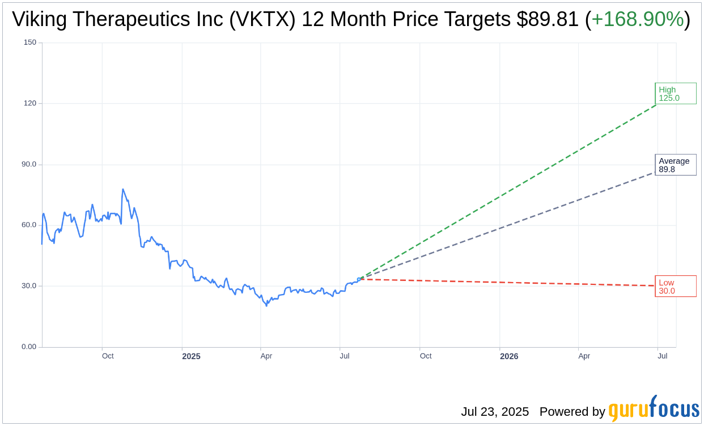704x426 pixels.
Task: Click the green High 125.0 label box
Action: click(x=675, y=93)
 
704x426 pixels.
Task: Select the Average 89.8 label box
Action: click(x=675, y=165)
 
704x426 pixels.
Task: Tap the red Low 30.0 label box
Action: click(x=675, y=286)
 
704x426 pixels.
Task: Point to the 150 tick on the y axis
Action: click(x=30, y=42)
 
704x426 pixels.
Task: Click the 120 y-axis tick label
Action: click(x=30, y=103)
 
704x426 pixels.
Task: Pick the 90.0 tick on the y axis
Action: click(x=28, y=164)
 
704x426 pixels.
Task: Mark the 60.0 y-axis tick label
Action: click(x=28, y=225)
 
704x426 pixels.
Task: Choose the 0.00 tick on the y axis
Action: click(x=28, y=347)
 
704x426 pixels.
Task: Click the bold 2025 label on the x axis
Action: click(x=191, y=356)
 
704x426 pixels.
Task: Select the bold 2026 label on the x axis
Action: click(x=508, y=356)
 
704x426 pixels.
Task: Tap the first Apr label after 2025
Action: click(x=266, y=356)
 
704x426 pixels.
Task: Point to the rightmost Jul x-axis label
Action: click(x=662, y=356)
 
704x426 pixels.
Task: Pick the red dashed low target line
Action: click(x=510, y=283)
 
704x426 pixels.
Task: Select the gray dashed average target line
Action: click(x=510, y=224)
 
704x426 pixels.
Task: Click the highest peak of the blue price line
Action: click(x=122, y=189)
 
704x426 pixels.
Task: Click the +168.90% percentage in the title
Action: click(x=637, y=20)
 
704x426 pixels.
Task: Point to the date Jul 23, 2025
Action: click(x=494, y=412)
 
